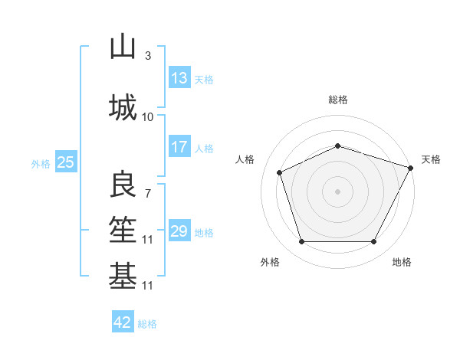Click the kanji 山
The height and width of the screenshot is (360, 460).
coord(123,47)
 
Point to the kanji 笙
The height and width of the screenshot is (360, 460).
coord(123,231)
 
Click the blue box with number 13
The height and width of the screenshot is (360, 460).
coord(179,78)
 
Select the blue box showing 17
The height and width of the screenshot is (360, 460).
coord(179,147)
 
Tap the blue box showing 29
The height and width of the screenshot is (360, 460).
coord(179,231)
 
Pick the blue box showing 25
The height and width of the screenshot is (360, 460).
coord(65,162)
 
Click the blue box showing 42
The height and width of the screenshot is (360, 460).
coord(123,322)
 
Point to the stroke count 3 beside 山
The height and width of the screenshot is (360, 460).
coord(148,55)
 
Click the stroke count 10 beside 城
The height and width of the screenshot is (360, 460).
coord(148,116)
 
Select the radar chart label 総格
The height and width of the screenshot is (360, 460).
coord(338,100)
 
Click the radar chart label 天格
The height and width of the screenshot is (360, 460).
coord(431,159)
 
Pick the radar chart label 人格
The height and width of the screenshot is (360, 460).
coord(245,159)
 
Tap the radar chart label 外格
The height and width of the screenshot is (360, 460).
coord(270,262)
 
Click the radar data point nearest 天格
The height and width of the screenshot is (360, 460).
coord(412,167)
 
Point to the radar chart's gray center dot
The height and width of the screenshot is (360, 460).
coord(338,191)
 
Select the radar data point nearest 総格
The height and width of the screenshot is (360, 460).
coord(338,145)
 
